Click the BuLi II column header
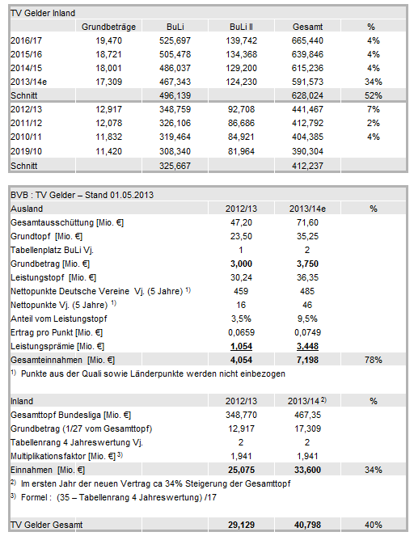click(x=241, y=27)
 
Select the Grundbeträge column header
click(x=108, y=27)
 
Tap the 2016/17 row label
click(x=26, y=40)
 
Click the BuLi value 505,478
click(x=175, y=54)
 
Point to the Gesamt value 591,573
click(x=307, y=82)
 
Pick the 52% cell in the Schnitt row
click(x=373, y=95)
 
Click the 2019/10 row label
click(x=26, y=151)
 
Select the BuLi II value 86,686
click(x=241, y=123)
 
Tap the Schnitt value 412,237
click(x=307, y=166)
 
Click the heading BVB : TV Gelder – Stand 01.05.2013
click(x=82, y=195)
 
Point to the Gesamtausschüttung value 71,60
click(x=307, y=222)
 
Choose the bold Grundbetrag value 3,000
click(x=241, y=264)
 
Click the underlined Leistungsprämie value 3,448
click(x=307, y=346)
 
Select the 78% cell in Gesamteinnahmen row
click(x=373, y=360)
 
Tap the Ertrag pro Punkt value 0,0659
click(x=241, y=332)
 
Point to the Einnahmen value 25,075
click(x=241, y=470)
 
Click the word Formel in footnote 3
click(x=34, y=497)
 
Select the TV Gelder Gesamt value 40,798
click(x=307, y=525)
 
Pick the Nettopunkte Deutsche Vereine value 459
click(x=241, y=291)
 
